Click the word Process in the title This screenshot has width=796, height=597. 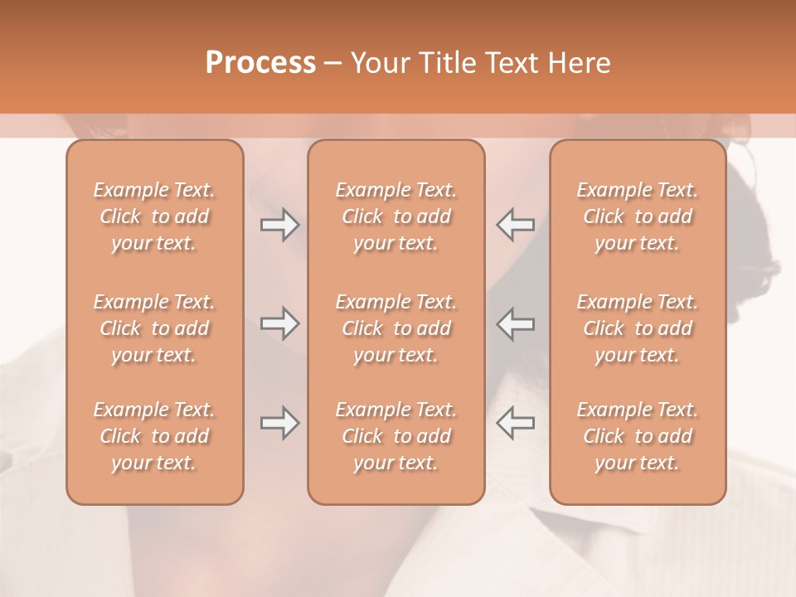click(260, 63)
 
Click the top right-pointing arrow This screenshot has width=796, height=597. click(279, 224)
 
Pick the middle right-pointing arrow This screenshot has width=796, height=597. click(279, 323)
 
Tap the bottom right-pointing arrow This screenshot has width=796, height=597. click(279, 423)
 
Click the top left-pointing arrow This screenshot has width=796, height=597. click(515, 224)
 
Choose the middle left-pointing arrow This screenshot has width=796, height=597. click(515, 323)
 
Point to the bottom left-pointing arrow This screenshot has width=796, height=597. click(515, 423)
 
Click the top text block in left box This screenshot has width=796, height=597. click(154, 216)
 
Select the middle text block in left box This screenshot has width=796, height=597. click(154, 328)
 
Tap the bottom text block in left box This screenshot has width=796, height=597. click(154, 436)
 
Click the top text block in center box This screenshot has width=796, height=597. click(396, 216)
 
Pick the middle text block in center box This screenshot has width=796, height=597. click(396, 328)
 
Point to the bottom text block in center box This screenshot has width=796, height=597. click(396, 436)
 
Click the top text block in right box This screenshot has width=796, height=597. click(638, 216)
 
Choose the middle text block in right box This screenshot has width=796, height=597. click(638, 328)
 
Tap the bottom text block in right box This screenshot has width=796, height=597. click(638, 436)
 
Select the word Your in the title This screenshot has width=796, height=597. click(379, 63)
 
